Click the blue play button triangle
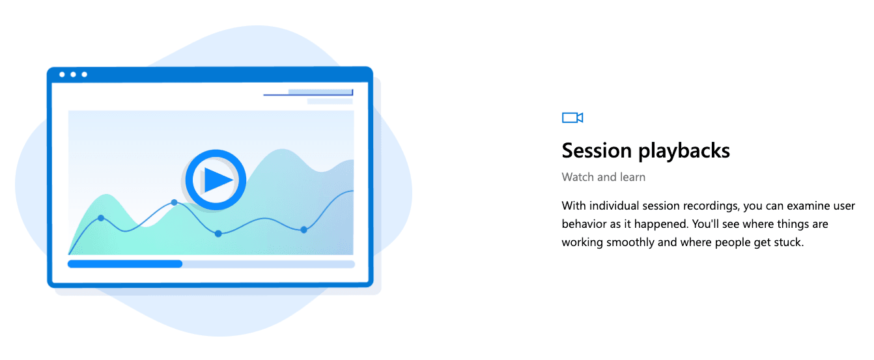[x=217, y=179]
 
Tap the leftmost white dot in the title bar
[x=62, y=74]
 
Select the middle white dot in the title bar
[x=73, y=74]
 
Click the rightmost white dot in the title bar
[x=84, y=74]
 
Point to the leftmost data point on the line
[x=101, y=218]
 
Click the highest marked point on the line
[x=174, y=202]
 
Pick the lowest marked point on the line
[x=218, y=233]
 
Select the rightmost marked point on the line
[x=303, y=229]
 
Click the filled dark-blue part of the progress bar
[x=124, y=264]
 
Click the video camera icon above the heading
[x=572, y=117]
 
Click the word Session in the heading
[x=597, y=151]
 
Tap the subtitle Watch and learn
[x=603, y=177]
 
